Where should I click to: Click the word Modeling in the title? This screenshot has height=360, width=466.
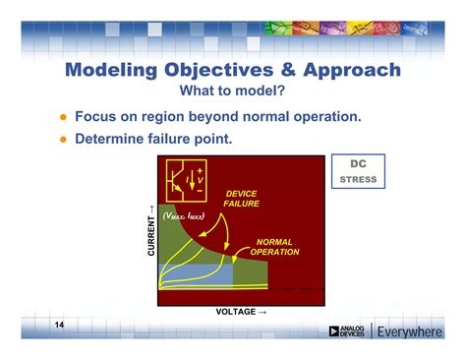click(113, 70)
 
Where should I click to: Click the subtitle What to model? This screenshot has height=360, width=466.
click(232, 90)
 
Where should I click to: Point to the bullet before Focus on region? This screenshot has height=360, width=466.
click(61, 117)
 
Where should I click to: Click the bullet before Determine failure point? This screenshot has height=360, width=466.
click(61, 139)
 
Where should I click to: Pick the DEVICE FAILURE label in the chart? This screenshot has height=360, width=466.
click(241, 199)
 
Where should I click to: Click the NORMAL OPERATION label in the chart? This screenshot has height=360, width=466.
click(274, 246)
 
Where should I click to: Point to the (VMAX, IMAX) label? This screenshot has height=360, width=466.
click(184, 214)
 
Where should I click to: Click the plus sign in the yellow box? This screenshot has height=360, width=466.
click(200, 170)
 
